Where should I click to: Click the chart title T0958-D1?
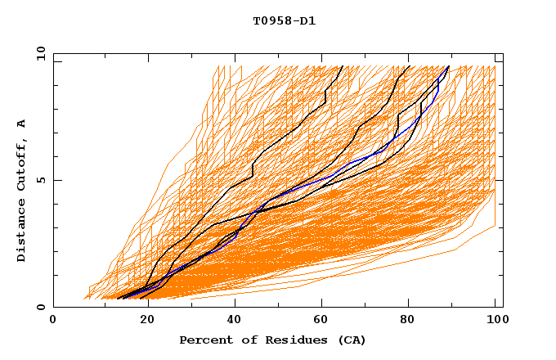coord(284,21)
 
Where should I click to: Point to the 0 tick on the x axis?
coord(53,319)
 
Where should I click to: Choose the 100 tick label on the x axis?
coord(495,319)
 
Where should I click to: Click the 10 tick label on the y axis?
coord(40,53)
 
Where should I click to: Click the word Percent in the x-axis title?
coord(204,340)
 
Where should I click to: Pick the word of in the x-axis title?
coord(244,340)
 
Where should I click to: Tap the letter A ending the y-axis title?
coord(22,123)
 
